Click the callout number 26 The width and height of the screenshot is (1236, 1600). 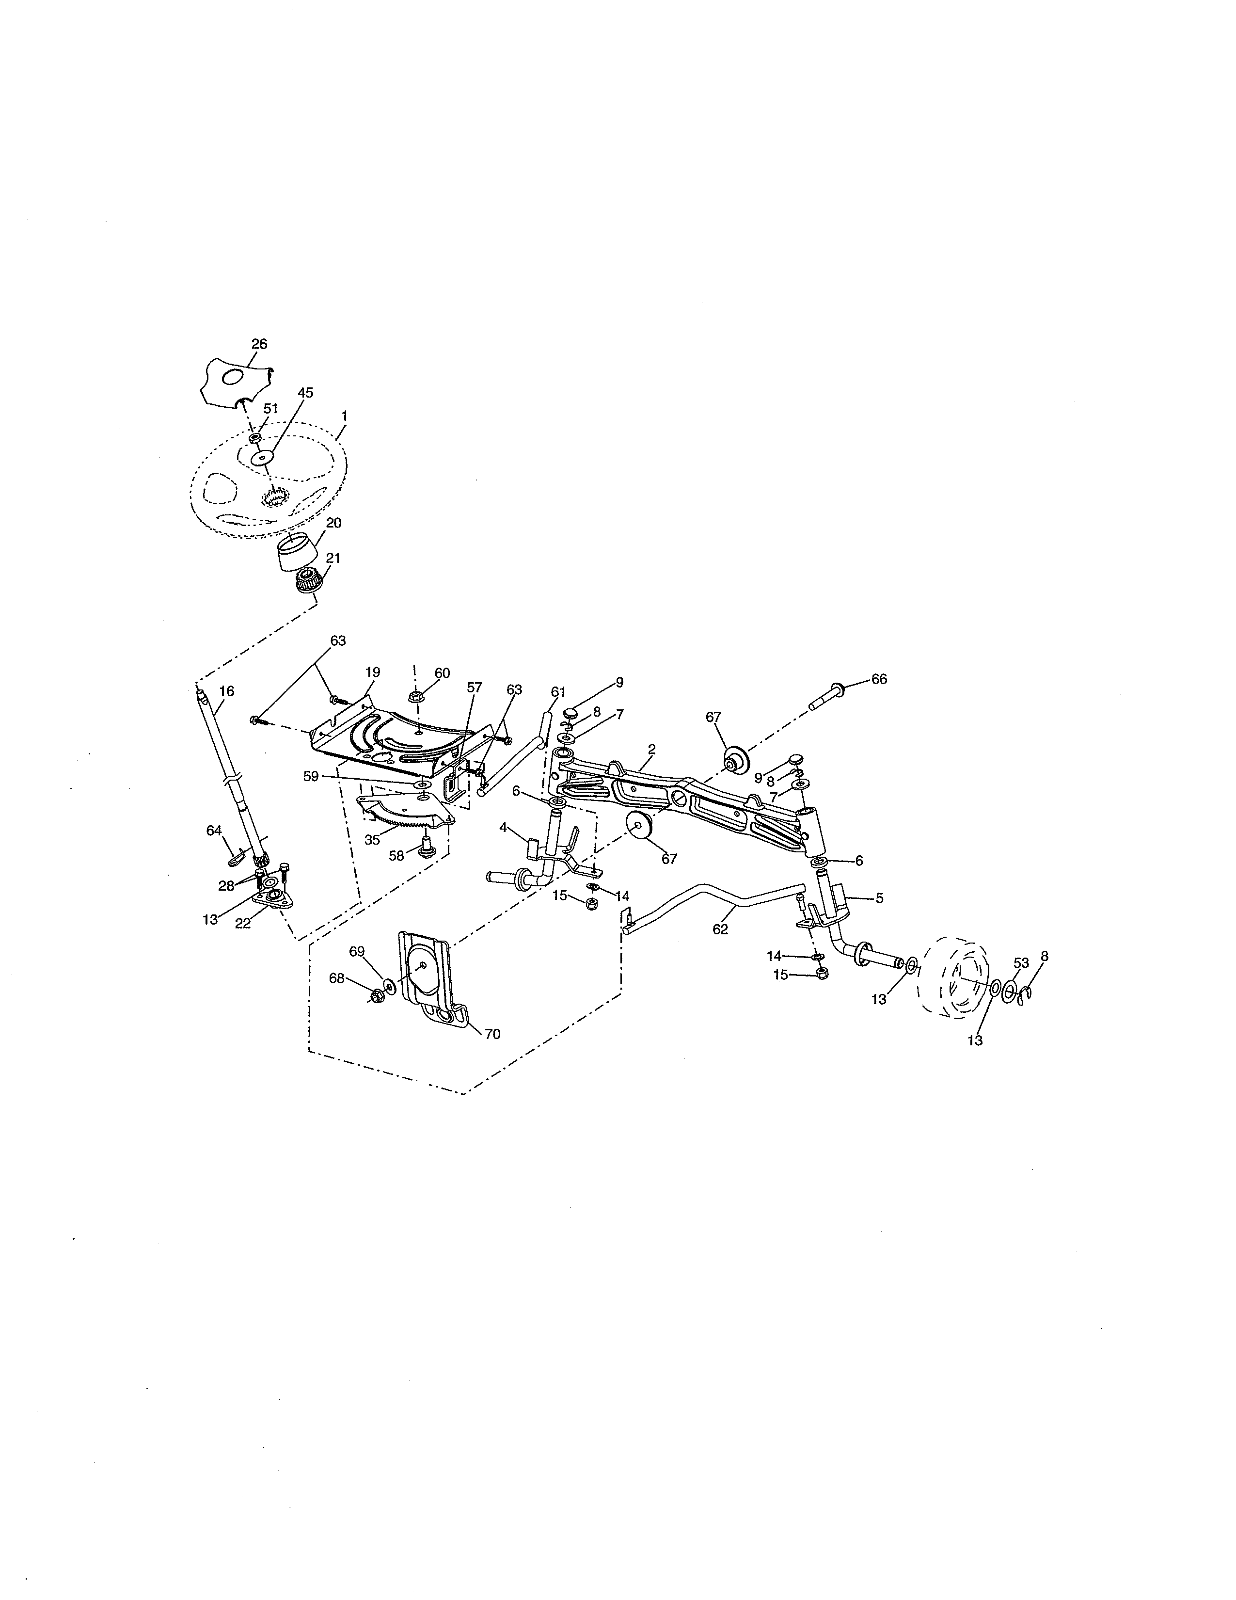[x=259, y=344]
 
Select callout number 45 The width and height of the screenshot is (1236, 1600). [x=305, y=393]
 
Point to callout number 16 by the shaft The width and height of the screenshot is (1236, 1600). [x=227, y=691]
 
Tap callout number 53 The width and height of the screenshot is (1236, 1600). [x=1021, y=962]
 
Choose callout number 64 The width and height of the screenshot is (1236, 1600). [x=214, y=830]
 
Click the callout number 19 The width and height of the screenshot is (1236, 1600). [x=373, y=672]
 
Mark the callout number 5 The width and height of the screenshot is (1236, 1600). [x=879, y=898]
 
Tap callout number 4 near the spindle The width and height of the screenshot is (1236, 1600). [x=503, y=828]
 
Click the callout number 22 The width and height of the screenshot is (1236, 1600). [x=242, y=924]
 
